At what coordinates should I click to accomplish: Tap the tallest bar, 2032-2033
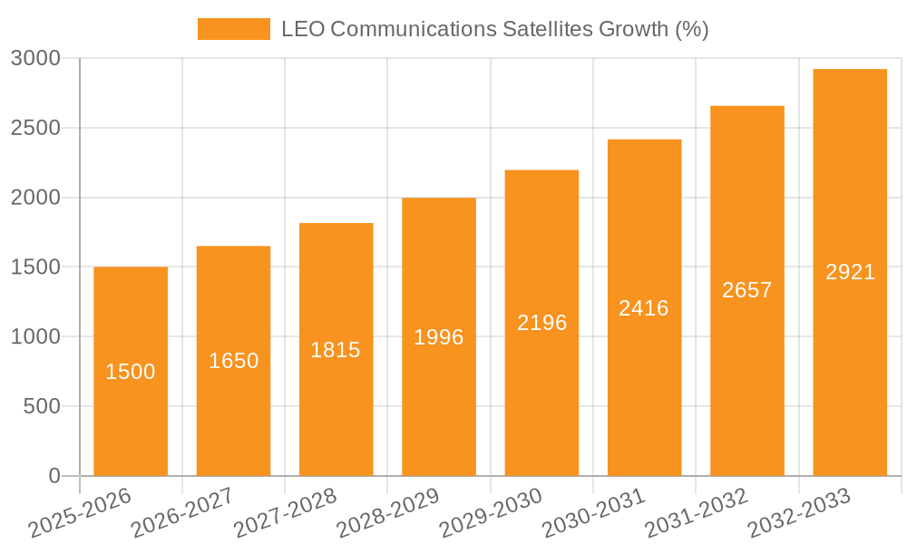click(850, 363)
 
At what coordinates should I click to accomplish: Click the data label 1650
click(233, 361)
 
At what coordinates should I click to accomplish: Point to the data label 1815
click(336, 350)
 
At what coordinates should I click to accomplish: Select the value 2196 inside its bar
click(541, 323)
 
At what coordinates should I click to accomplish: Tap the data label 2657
click(746, 290)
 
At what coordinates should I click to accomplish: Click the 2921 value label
click(850, 272)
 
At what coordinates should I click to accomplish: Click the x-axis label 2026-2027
click(182, 512)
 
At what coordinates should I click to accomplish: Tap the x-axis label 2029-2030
click(491, 512)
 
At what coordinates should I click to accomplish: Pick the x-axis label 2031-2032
click(697, 512)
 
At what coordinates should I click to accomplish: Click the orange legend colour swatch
click(234, 29)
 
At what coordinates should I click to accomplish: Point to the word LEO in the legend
click(302, 29)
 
